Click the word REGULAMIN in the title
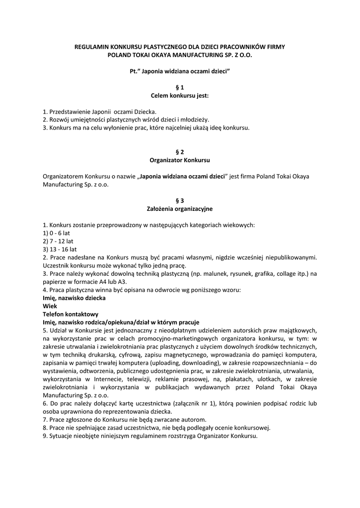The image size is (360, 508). (x=91, y=47)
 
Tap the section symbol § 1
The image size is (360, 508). (x=180, y=87)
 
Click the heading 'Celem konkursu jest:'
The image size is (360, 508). (x=180, y=95)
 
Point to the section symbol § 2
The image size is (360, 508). (x=180, y=152)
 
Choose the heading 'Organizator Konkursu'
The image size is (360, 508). (x=180, y=160)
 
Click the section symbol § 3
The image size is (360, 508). (x=180, y=200)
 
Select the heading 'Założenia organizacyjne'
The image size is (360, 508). (x=180, y=209)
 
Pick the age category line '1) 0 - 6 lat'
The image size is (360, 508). (x=57, y=233)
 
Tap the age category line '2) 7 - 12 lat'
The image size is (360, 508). (x=59, y=241)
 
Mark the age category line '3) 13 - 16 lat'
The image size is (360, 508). (x=60, y=249)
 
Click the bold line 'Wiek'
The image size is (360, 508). (x=50, y=306)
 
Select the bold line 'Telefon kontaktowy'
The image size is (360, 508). (x=71, y=314)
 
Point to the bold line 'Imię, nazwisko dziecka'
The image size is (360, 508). (x=74, y=298)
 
